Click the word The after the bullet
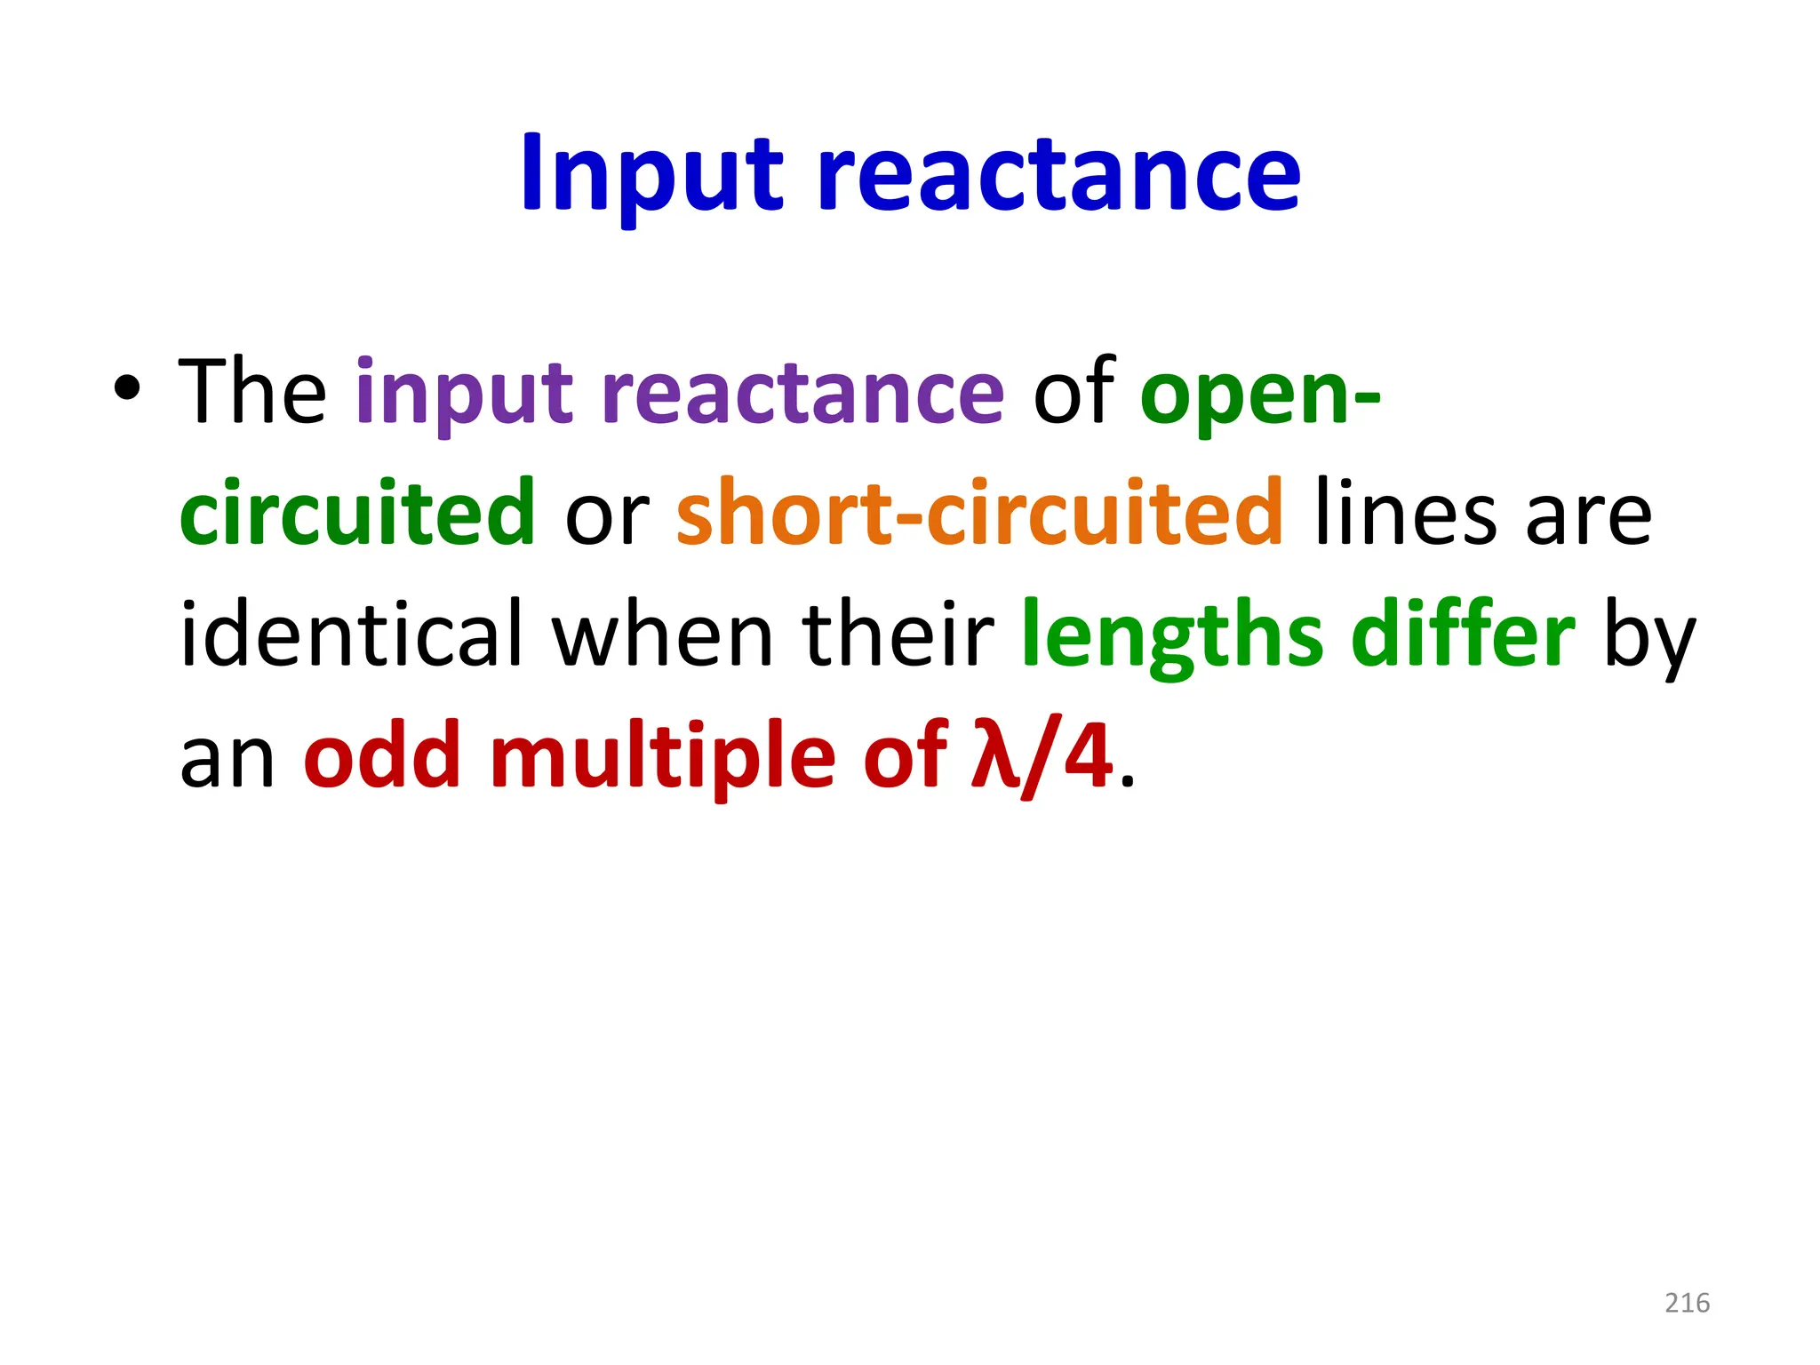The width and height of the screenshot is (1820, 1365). tap(252, 391)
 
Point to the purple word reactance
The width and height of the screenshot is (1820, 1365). tap(802, 391)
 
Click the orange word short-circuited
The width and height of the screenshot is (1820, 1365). tap(979, 513)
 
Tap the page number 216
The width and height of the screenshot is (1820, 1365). tap(1687, 1303)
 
